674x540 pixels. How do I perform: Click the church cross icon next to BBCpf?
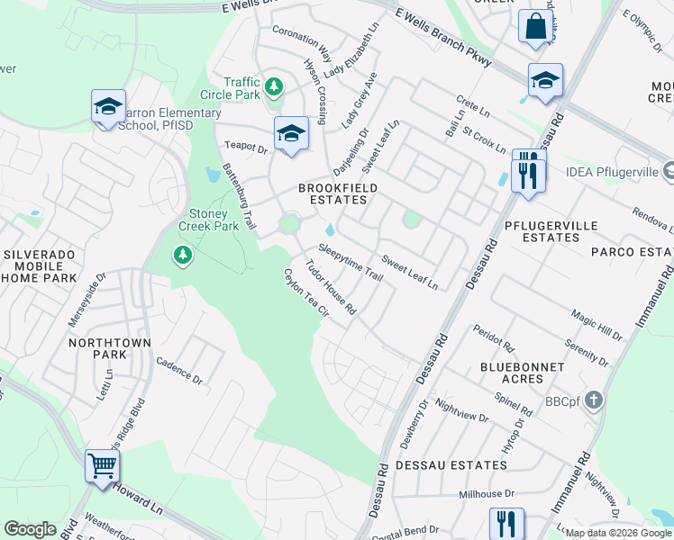[594, 399]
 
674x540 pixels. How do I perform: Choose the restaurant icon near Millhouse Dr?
[506, 524]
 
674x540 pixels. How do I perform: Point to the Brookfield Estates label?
[338, 194]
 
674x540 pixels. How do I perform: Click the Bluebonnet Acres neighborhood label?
[523, 374]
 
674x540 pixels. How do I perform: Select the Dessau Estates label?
[463, 465]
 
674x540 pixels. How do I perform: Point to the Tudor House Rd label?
[331, 287]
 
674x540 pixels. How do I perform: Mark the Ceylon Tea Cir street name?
[305, 292]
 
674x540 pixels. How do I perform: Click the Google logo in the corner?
[30, 529]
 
